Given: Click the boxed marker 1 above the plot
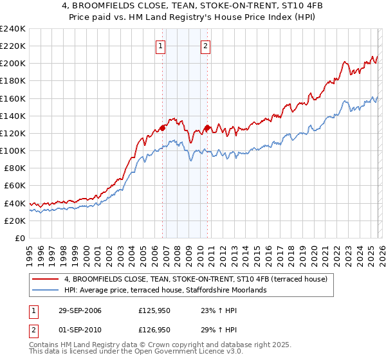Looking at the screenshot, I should click(160, 45).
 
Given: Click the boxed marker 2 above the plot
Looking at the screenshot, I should click(205, 45).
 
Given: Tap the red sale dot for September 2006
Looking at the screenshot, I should click(162, 127).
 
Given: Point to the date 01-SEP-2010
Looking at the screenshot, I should click(74, 329).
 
